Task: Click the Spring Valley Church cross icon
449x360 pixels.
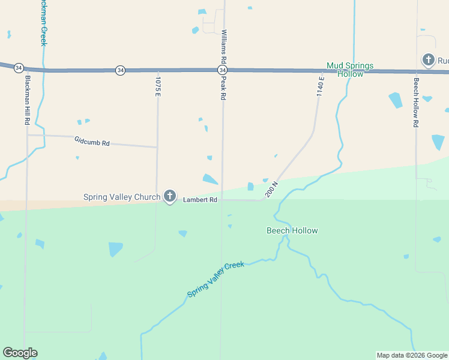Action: (x=170, y=196)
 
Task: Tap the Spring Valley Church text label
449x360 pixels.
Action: (x=122, y=197)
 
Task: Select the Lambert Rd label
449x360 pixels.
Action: (x=200, y=200)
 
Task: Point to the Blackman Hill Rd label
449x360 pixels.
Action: (x=27, y=100)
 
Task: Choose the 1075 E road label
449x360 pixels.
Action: (x=158, y=86)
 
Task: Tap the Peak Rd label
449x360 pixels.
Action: (x=223, y=87)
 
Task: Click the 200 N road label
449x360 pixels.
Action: (x=271, y=190)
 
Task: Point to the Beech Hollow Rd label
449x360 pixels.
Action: (x=415, y=102)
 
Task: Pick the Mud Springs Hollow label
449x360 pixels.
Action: (x=350, y=70)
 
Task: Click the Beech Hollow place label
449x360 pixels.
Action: (x=292, y=230)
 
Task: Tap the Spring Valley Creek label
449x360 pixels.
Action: (x=215, y=279)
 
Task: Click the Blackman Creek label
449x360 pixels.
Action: (x=43, y=23)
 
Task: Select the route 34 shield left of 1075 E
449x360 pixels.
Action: (x=121, y=70)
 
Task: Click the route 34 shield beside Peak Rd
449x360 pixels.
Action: (x=221, y=70)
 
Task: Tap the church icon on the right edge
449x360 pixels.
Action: (x=428, y=59)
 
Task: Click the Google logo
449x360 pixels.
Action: (x=20, y=353)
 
